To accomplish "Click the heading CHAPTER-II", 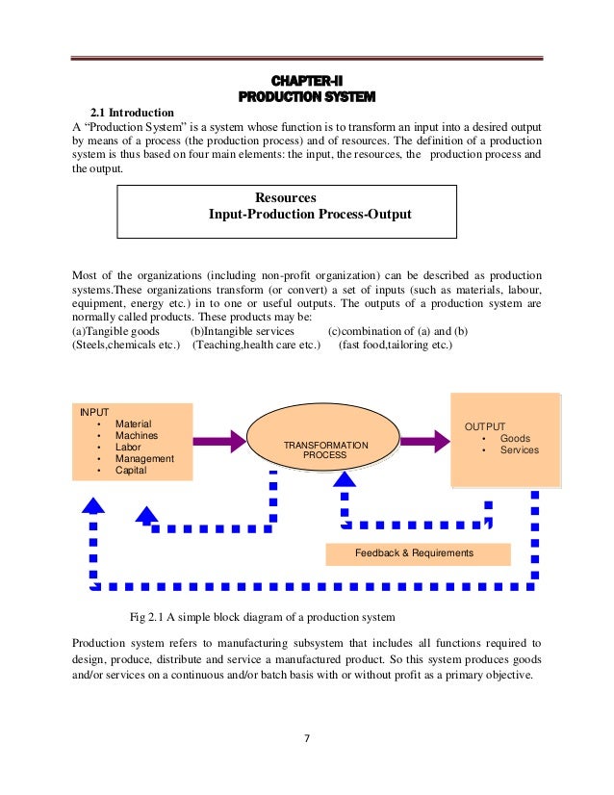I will point(306,80).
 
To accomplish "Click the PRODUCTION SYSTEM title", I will point(306,96).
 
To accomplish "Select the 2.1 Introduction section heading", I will point(132,113).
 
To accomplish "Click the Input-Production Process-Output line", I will point(310,215).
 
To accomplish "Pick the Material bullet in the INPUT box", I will point(133,423).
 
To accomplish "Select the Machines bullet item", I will point(137,435).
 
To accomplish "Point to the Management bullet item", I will point(144,459).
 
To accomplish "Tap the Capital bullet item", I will point(132,471).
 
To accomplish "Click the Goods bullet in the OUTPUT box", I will point(515,438).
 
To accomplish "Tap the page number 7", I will point(306,738).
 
